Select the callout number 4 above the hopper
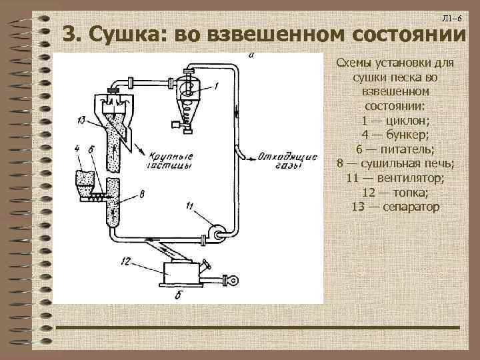pos(78,149)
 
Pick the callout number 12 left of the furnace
pos(126,261)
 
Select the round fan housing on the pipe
pos(217,231)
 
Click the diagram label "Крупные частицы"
pos(167,159)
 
